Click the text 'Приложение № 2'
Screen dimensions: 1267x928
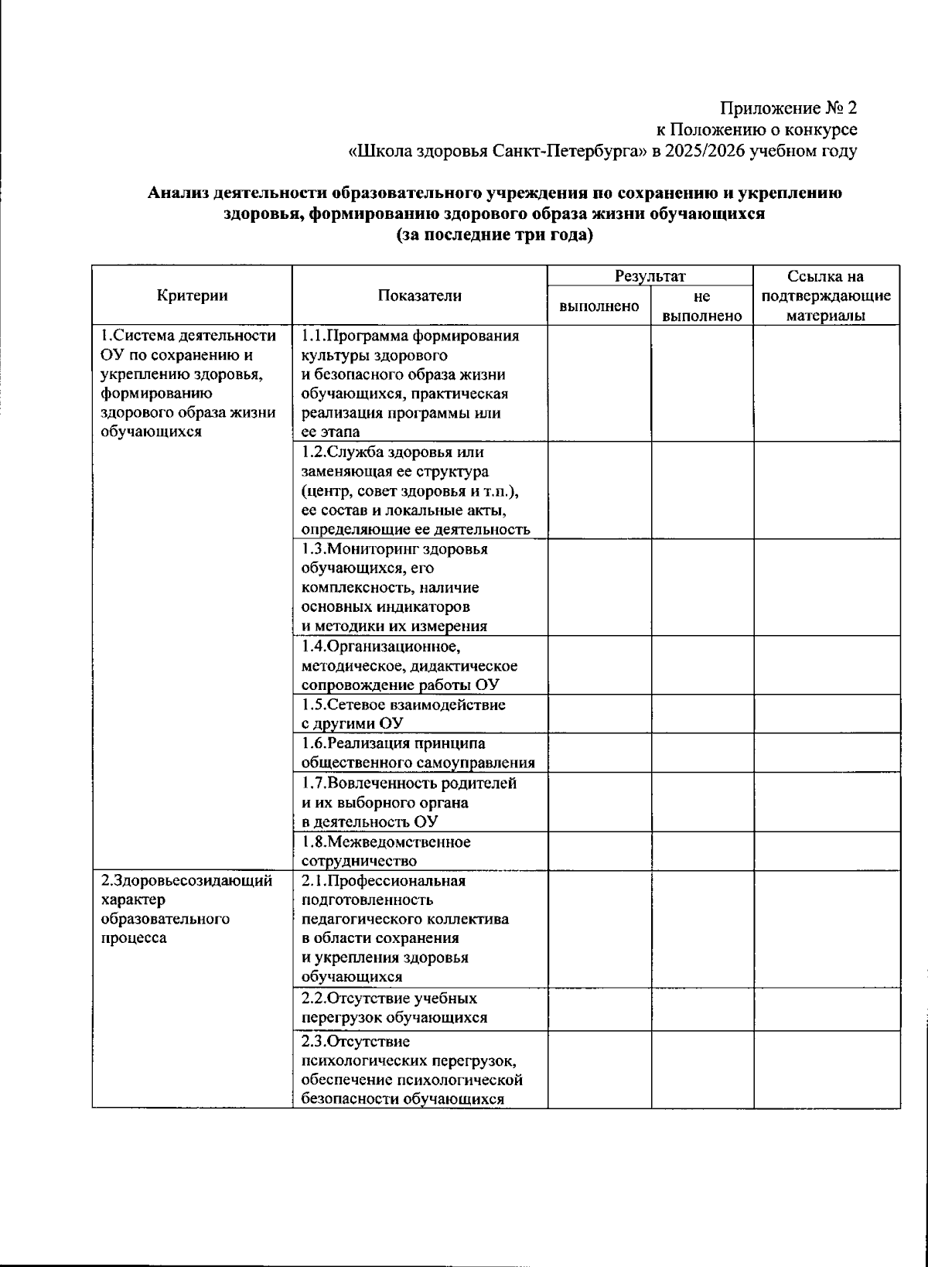click(x=789, y=108)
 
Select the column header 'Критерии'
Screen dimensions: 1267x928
click(x=192, y=295)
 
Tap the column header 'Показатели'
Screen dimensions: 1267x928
click(x=419, y=295)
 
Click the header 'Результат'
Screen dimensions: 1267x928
click(x=650, y=276)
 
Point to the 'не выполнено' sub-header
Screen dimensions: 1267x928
click(x=702, y=306)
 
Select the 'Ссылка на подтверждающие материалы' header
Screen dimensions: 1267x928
click(x=826, y=295)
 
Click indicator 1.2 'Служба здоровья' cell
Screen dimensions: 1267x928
click(x=415, y=490)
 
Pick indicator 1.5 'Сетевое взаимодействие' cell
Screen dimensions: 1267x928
click(x=403, y=714)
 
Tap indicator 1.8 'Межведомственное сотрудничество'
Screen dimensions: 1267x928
click(x=386, y=851)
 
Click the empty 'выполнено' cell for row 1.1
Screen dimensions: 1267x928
click(x=599, y=383)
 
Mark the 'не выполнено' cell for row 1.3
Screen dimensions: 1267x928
click(x=702, y=587)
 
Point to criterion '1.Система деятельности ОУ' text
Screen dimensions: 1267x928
click(x=188, y=383)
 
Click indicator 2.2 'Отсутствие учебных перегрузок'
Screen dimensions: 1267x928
click(x=394, y=1007)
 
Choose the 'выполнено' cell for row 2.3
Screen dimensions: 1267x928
click(x=599, y=1068)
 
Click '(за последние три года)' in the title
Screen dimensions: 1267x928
click(x=494, y=235)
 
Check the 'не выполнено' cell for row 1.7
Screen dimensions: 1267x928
click(x=702, y=802)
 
